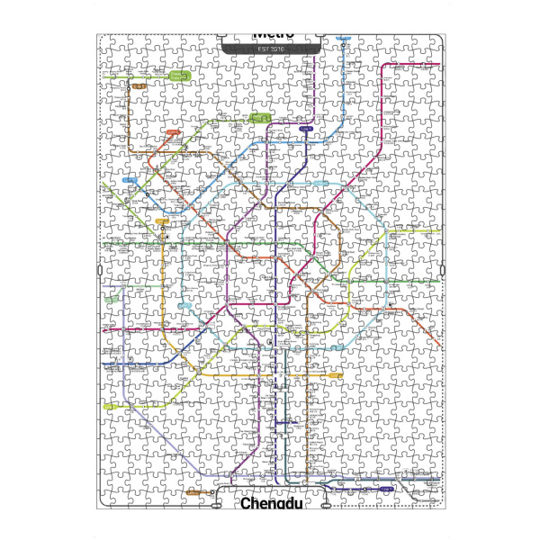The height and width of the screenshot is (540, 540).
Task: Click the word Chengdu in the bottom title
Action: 269,504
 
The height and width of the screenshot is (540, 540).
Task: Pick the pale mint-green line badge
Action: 113,298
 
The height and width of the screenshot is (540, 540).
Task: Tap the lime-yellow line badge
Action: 110,406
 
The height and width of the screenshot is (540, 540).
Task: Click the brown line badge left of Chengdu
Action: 195,492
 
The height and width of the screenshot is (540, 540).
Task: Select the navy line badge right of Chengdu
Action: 384,490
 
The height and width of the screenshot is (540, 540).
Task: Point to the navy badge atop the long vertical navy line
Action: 306,130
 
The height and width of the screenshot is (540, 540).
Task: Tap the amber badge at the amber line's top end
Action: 163,220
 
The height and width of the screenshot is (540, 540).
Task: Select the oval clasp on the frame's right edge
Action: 443,271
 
